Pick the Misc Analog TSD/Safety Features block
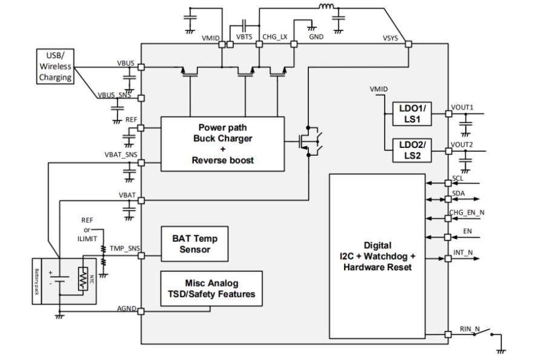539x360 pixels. coord(211,289)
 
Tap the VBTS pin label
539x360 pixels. coord(244,36)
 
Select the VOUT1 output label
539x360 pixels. coord(462,107)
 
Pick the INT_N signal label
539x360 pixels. coord(463,252)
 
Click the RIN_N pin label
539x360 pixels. coord(469,329)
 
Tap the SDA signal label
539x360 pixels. coord(458,192)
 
